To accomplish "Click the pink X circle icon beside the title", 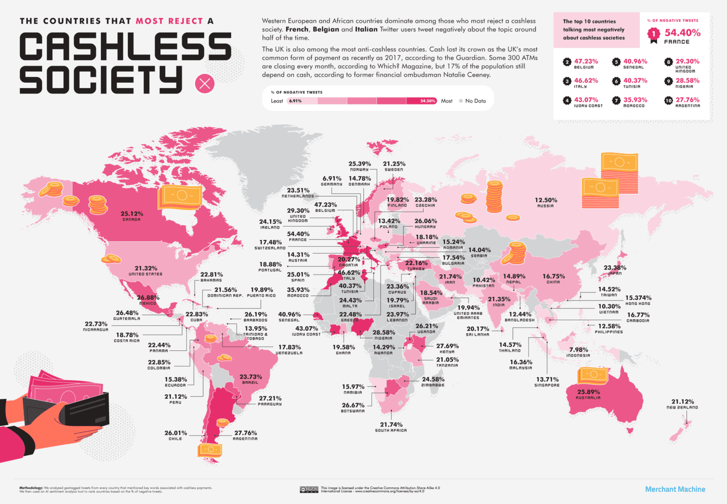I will (x=205, y=84).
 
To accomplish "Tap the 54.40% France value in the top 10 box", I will (x=682, y=33).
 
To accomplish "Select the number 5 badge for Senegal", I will (x=616, y=62).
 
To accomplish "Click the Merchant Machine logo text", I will (x=675, y=489).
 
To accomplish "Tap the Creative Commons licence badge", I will (x=309, y=490).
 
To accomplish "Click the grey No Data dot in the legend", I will (x=461, y=101).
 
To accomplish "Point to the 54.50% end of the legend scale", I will (x=427, y=101).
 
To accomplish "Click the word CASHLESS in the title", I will (x=125, y=48).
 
